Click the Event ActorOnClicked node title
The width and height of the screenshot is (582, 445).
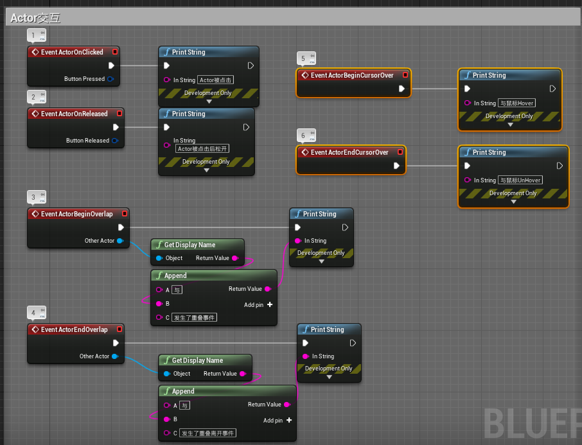(72, 52)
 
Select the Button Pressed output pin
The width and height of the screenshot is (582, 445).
(110, 79)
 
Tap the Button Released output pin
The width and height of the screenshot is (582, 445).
(115, 141)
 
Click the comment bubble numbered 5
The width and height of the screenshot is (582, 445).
(303, 58)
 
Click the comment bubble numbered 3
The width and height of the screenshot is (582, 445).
(33, 196)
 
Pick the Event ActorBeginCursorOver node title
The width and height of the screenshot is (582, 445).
(352, 75)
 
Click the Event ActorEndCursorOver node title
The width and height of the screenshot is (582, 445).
(349, 152)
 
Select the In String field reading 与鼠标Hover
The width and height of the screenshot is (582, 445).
(516, 103)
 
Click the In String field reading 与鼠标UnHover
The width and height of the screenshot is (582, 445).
(520, 180)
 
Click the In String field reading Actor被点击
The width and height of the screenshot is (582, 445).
(215, 80)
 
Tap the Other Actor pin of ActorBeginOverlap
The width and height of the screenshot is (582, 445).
(120, 241)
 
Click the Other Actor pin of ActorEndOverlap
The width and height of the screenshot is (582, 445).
(115, 356)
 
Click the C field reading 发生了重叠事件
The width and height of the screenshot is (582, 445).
(195, 318)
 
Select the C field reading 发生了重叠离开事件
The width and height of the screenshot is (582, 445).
(207, 433)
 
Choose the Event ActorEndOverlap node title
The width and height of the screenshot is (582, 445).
(74, 329)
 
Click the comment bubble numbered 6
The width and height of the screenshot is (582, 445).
(303, 135)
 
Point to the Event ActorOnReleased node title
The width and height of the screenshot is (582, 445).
(74, 114)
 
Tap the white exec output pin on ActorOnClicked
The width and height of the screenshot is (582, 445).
(111, 65)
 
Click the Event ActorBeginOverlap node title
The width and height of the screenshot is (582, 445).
(76, 214)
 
